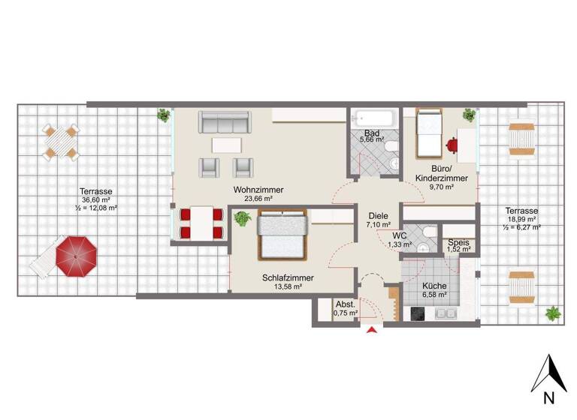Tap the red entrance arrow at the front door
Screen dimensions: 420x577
tap(371, 331)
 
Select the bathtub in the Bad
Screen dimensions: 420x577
tap(373, 118)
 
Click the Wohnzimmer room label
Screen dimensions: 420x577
tap(258, 190)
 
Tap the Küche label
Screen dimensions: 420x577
tap(435, 286)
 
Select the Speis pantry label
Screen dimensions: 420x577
tap(458, 243)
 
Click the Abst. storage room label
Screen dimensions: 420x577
tap(346, 304)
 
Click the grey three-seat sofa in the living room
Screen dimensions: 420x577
tap(224, 121)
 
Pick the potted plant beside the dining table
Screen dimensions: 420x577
tap(242, 218)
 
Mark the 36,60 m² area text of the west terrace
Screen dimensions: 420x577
tap(96, 200)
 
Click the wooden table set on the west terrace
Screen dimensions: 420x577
tap(60, 141)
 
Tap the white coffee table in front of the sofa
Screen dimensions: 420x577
tap(227, 144)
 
